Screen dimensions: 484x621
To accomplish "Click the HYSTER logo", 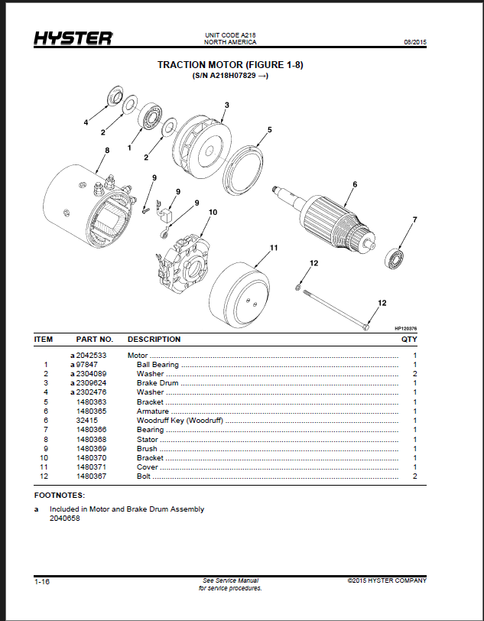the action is pos(73,38).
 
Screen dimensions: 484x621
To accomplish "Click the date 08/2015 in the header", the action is pos(415,42).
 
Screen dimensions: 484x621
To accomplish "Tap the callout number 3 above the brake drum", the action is pos(227,105).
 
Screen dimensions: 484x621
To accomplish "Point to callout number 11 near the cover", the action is pos(274,248).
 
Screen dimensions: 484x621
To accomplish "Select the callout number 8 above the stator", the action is pos(107,151).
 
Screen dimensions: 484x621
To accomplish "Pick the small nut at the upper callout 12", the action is pos(298,287).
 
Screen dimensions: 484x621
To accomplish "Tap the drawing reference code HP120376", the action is pos(405,328).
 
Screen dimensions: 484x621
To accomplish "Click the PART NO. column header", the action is pos(95,340).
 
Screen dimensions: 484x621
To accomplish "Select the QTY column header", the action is pos(409,340).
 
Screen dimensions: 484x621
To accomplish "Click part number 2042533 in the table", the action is pos(91,356).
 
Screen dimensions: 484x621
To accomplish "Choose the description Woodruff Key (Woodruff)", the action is pos(180,421).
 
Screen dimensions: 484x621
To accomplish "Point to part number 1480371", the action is pos(91,467).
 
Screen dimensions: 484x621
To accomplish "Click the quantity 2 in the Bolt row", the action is pos(415,476).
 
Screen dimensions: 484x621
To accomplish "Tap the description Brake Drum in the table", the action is pos(158,383).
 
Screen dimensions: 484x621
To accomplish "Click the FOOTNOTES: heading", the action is pos(60,496).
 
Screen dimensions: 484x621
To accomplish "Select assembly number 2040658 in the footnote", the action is pos(64,519).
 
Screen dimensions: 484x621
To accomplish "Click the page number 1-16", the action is pos(42,582).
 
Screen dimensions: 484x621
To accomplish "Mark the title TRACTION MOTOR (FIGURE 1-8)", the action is pos(230,65).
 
